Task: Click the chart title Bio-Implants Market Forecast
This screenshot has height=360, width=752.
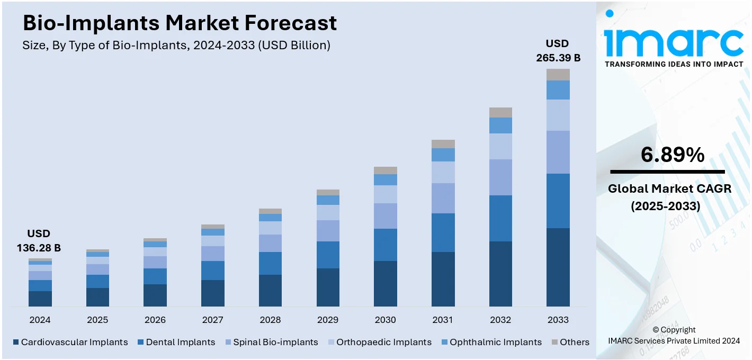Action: click(180, 23)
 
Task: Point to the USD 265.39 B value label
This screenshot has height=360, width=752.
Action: click(558, 51)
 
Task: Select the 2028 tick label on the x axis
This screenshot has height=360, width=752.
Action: click(270, 320)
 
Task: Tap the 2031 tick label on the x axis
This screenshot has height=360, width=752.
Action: click(443, 320)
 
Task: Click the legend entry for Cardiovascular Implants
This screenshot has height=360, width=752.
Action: click(70, 342)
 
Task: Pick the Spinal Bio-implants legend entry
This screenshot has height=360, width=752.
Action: click(271, 342)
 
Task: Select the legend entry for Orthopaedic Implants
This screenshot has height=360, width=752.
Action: click(379, 342)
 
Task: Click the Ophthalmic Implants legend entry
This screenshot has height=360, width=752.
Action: click(491, 342)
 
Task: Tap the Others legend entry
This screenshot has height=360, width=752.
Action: click(570, 342)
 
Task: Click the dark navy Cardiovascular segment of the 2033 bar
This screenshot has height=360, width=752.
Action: click(558, 267)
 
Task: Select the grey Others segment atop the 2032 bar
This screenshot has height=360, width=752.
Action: click(500, 112)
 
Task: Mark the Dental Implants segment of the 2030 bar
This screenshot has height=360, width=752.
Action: click(386, 245)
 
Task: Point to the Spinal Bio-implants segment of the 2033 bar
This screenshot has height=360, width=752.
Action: click(558, 152)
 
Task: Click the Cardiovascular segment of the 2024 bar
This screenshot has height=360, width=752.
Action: click(40, 299)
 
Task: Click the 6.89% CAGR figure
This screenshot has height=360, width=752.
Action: click(672, 155)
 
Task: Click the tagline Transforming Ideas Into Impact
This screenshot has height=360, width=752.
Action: click(674, 64)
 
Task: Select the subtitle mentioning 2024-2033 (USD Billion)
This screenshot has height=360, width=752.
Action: click(176, 46)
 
